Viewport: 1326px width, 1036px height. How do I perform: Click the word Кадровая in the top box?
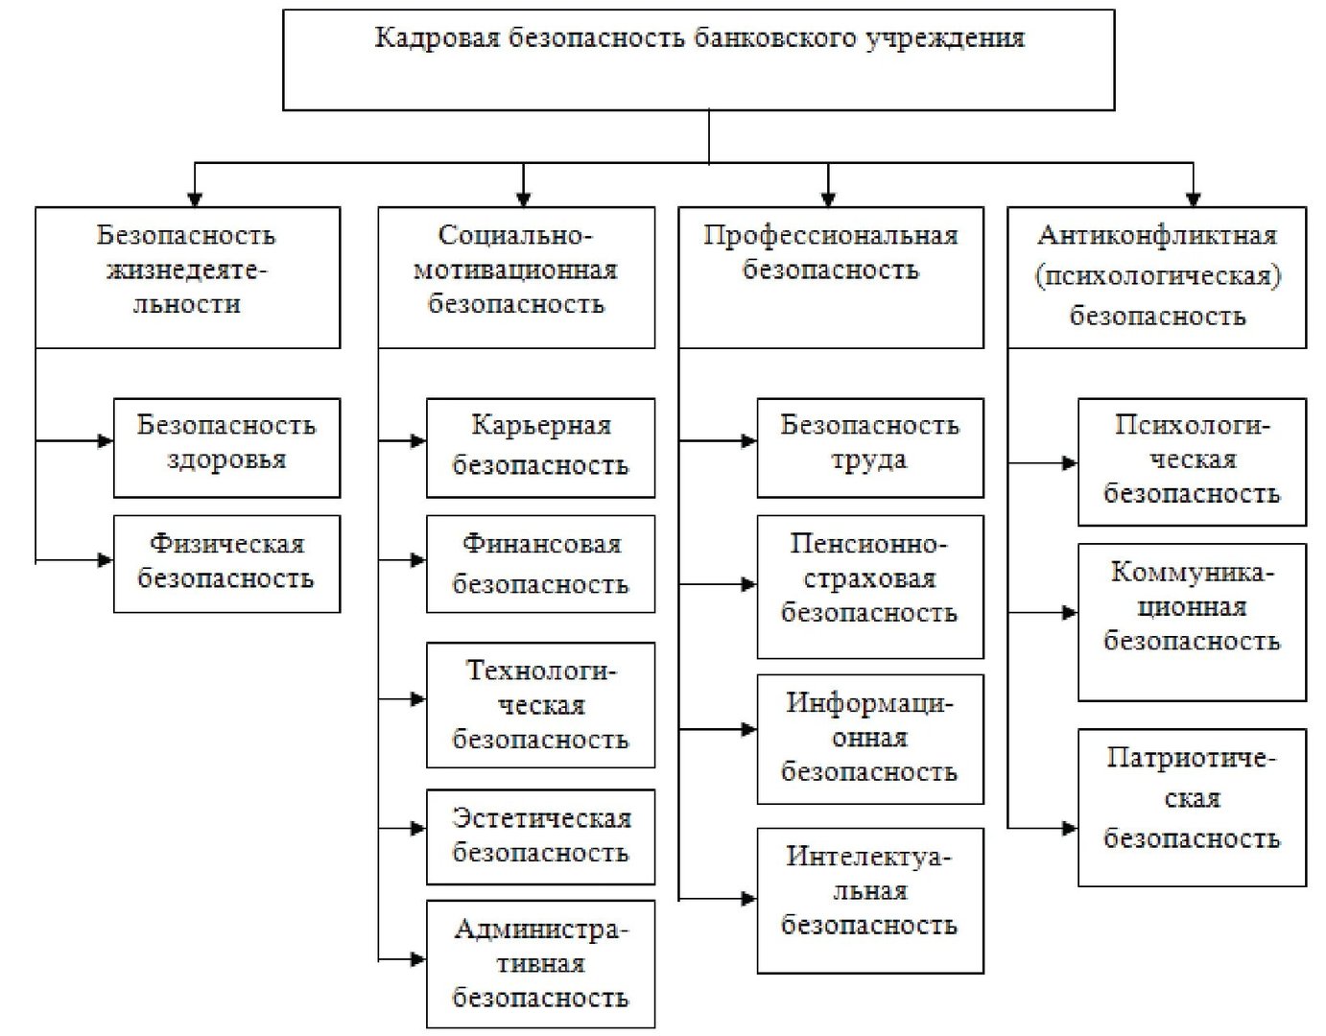tap(437, 38)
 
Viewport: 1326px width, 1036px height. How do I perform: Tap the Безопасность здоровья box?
tap(226, 448)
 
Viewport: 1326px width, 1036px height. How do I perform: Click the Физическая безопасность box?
tap(226, 564)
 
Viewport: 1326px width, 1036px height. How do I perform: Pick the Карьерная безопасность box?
tap(540, 448)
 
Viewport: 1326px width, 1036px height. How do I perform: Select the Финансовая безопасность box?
tap(540, 564)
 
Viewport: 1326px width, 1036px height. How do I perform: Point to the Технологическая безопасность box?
tap(540, 705)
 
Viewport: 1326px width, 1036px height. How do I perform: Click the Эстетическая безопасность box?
tap(540, 837)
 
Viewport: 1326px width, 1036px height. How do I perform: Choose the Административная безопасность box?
tap(540, 964)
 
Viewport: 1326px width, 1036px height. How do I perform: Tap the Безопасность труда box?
tap(870, 448)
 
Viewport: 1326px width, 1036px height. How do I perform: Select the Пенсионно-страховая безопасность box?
tap(870, 587)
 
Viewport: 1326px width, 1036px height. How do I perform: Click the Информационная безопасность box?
tap(870, 739)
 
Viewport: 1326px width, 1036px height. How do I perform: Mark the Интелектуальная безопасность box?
tap(870, 901)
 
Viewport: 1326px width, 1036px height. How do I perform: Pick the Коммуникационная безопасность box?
tap(1192, 623)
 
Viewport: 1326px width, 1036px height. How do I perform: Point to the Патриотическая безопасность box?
tap(1192, 808)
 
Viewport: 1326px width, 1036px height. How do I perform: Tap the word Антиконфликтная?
tap(1157, 235)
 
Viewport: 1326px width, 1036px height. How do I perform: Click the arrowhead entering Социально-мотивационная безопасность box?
tap(523, 200)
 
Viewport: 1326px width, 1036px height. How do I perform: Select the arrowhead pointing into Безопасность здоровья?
tap(106, 440)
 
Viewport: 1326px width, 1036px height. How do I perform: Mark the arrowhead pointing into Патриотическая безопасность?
tap(1070, 828)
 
